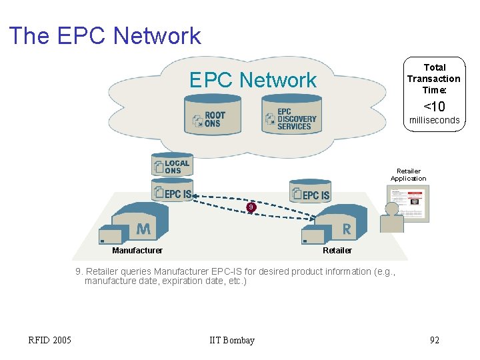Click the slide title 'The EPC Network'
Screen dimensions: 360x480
click(105, 35)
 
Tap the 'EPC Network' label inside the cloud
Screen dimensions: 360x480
click(253, 80)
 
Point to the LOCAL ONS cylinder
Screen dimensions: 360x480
click(172, 166)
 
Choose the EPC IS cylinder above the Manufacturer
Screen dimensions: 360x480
click(172, 193)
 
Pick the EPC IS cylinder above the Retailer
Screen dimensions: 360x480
click(310, 193)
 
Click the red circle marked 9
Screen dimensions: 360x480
click(250, 207)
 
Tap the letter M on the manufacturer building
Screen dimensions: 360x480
click(143, 229)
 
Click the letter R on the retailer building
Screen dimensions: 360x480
click(346, 229)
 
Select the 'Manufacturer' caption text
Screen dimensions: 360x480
click(137, 251)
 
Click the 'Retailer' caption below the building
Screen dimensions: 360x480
click(337, 251)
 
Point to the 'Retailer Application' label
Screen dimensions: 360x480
click(408, 175)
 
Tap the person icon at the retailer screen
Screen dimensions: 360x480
click(391, 218)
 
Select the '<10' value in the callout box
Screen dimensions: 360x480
click(435, 106)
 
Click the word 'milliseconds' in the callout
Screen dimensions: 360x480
click(435, 120)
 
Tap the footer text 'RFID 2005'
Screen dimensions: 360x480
click(49, 341)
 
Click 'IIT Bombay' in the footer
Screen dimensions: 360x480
click(232, 341)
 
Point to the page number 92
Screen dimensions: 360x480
click(434, 341)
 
